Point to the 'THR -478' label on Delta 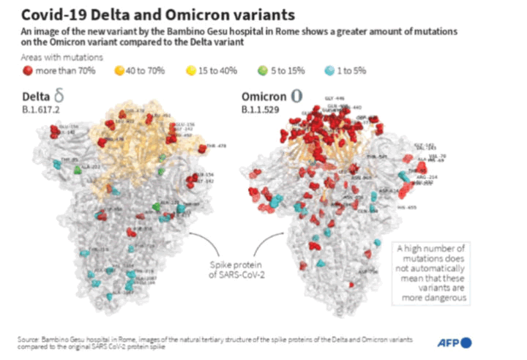pyautogui.click(x=217, y=146)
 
